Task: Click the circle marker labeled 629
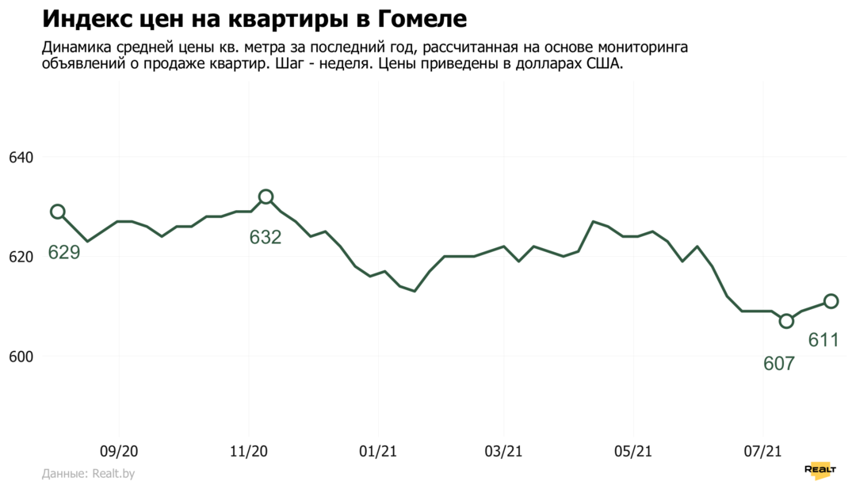coord(57,212)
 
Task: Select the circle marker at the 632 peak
coord(266,197)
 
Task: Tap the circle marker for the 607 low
coord(786,321)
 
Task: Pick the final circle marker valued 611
coord(831,301)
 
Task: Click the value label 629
coord(64,253)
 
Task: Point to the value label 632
coord(266,237)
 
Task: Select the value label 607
coord(779,364)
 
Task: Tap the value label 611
coord(824,341)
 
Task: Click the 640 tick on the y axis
coord(21,158)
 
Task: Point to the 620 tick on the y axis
coord(21,257)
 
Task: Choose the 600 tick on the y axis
coord(21,357)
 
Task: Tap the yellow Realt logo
coord(820,469)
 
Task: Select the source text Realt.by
coord(113,474)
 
